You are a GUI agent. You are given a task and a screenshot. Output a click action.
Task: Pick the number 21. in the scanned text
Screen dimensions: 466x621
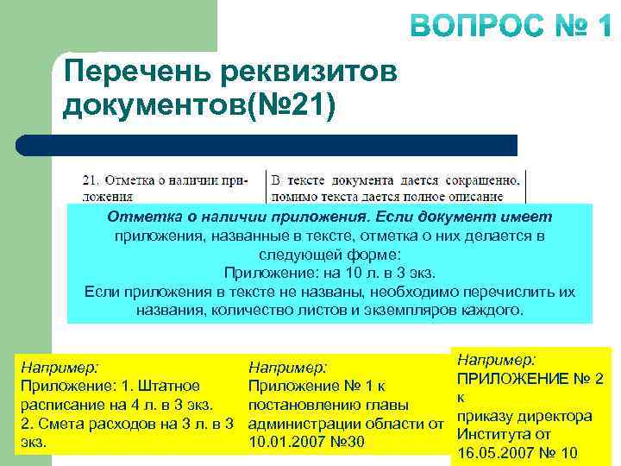[91, 180]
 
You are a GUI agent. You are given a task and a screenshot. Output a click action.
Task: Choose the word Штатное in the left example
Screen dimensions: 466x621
[171, 386]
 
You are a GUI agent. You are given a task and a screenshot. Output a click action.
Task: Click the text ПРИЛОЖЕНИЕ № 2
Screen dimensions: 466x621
[530, 378]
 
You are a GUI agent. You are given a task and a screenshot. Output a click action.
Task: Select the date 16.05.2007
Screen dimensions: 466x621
[494, 454]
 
